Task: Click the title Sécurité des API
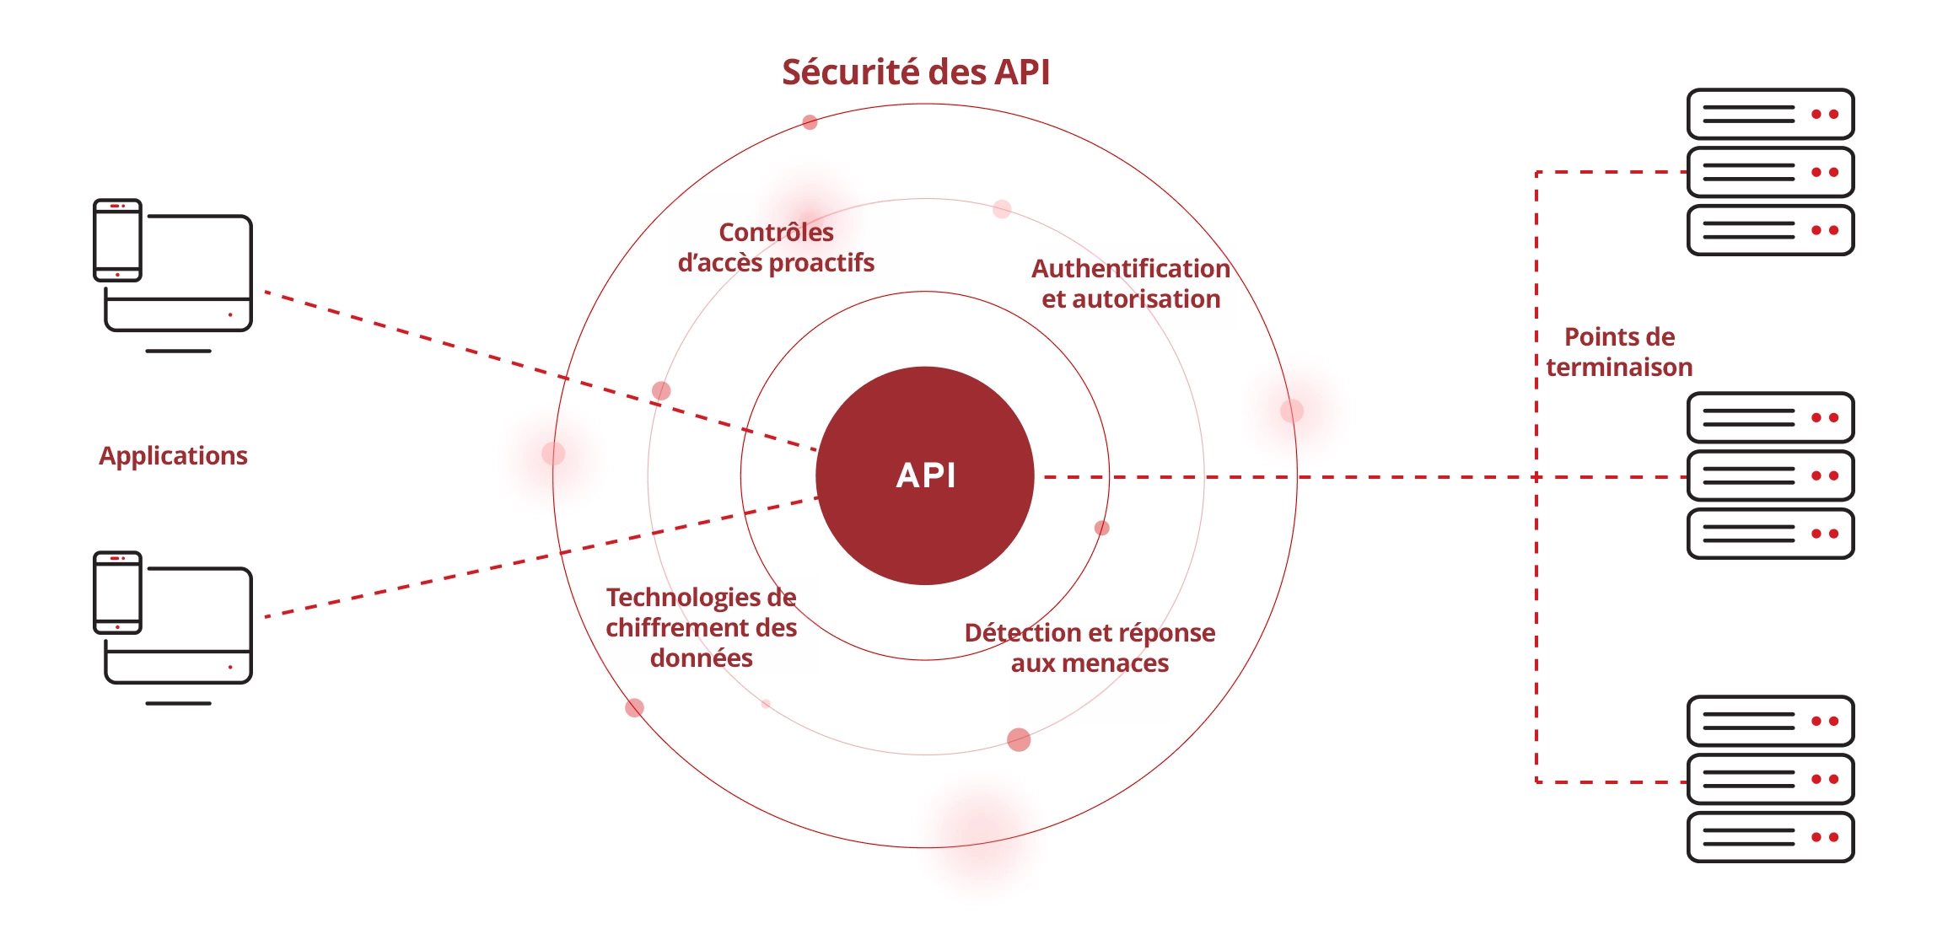coord(916,72)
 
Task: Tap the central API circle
coord(925,475)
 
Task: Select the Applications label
coord(173,456)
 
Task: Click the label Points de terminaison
coord(1619,352)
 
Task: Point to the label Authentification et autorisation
coord(1130,284)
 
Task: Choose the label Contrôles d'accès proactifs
coord(776,248)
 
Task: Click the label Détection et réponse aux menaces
coord(1090,648)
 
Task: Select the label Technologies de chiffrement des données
coord(701,628)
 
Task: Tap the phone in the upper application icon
coord(117,240)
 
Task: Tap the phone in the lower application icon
coord(117,593)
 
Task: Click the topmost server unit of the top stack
coord(1770,114)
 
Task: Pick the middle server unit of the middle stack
coord(1770,476)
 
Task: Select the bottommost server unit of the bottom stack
coord(1770,837)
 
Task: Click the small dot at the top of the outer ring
coord(810,122)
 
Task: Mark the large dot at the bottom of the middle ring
coord(1019,740)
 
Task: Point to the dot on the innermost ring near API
coord(1101,529)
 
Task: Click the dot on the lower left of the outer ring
coord(634,708)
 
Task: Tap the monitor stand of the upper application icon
coord(178,351)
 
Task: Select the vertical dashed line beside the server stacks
coord(1536,590)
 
